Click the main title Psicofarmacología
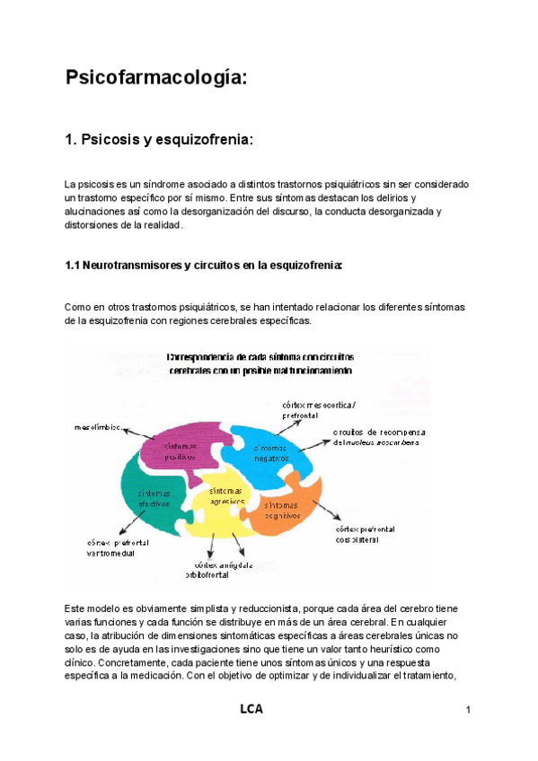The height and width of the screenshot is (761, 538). [155, 78]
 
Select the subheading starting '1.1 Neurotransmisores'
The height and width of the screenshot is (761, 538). [204, 266]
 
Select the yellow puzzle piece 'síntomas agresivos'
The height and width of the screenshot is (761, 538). [225, 496]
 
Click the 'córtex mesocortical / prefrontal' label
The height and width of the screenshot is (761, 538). [330, 409]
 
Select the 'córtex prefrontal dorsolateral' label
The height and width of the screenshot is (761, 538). [366, 535]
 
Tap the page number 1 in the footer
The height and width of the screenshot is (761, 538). [469, 712]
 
